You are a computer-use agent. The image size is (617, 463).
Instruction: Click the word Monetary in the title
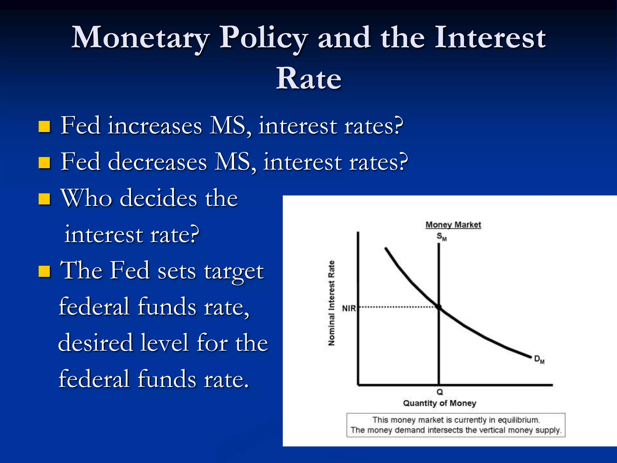140,38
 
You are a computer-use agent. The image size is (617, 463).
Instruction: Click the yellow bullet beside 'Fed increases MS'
44,127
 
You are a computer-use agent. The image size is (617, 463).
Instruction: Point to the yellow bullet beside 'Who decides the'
44,199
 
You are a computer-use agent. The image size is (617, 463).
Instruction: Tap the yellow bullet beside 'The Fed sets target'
44,271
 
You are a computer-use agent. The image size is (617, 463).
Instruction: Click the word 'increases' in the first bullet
155,126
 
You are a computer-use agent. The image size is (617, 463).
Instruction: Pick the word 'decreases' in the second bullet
157,162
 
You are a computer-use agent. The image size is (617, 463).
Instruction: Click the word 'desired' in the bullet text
96,343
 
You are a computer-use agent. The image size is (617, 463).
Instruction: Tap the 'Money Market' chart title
453,225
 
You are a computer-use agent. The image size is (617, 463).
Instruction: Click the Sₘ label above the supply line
441,237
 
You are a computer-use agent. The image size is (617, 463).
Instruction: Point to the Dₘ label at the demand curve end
539,359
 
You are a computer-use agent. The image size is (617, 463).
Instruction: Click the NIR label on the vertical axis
349,308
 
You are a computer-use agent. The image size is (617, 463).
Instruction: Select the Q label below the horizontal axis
440,392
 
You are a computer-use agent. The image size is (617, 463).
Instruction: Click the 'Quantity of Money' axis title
440,403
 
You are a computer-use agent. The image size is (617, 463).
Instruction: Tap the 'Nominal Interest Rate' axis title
331,303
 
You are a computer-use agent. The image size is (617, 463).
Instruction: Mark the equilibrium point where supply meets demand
439,307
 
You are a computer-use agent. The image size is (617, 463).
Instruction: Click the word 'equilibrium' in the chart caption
518,420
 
